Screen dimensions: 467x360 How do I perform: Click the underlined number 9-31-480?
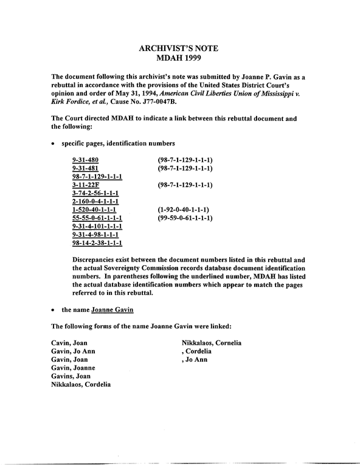(85, 160)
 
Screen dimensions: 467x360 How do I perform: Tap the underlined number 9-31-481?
(85, 168)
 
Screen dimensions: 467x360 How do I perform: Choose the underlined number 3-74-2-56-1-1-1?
(95, 193)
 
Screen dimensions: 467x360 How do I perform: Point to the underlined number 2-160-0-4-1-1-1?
(95, 202)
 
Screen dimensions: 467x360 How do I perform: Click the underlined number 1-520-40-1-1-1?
(94, 210)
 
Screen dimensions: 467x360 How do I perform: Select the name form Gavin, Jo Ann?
(73, 351)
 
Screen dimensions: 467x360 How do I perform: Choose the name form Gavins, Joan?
(71, 376)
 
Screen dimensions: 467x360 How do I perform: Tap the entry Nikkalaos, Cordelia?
(81, 385)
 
